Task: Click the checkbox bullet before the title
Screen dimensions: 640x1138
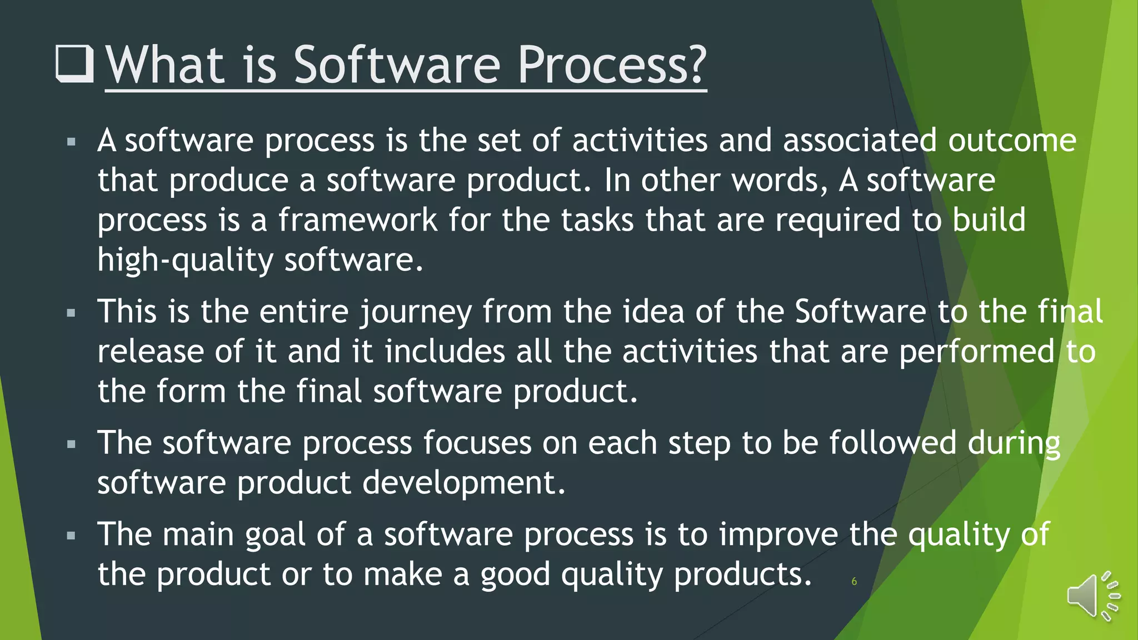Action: [74, 64]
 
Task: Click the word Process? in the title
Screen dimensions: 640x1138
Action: [611, 66]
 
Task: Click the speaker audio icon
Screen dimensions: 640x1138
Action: [1092, 596]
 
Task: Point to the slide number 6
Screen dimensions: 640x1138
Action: [854, 582]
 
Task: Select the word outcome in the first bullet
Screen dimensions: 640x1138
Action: [1012, 141]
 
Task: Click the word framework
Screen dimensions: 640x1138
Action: [358, 220]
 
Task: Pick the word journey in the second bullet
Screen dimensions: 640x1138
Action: [416, 312]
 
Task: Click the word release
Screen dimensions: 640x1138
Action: [151, 352]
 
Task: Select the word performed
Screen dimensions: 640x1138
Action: [976, 352]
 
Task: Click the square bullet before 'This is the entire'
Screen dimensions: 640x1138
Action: [71, 313]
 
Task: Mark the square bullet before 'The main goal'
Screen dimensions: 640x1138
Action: [71, 536]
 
